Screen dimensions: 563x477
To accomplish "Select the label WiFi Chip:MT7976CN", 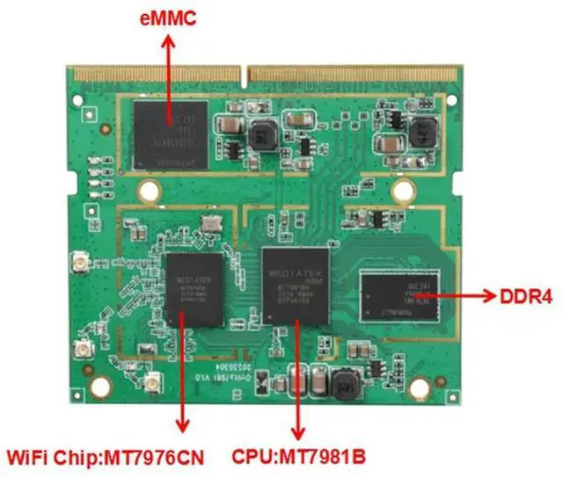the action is coord(113,457).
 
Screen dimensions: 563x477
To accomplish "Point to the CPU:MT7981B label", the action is coord(298,457).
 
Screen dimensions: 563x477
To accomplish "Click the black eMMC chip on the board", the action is coord(170,134).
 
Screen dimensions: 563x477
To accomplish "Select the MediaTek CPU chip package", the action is coord(296,282).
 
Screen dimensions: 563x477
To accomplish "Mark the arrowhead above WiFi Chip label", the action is coord(182,427).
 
